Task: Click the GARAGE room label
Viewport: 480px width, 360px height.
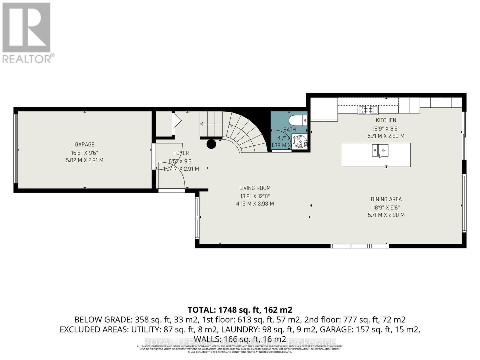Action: pyautogui.click(x=85, y=144)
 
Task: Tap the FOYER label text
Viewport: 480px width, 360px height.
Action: pyautogui.click(x=181, y=153)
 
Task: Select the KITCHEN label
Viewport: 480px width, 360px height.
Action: pyautogui.click(x=386, y=120)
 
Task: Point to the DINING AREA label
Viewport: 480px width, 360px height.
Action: pyautogui.click(x=386, y=199)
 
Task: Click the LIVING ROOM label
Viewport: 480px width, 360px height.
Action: pyautogui.click(x=255, y=188)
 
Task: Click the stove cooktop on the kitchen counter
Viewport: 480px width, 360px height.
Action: pyautogui.click(x=368, y=110)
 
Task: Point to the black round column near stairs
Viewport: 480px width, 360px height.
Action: pyautogui.click(x=211, y=144)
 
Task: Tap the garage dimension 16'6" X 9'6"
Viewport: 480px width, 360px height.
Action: pyautogui.click(x=85, y=152)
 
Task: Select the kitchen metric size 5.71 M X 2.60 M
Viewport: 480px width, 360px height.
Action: pyautogui.click(x=386, y=136)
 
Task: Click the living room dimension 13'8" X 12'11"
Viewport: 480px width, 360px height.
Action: pyautogui.click(x=255, y=196)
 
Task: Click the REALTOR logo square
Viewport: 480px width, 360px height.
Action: pyautogui.click(x=26, y=27)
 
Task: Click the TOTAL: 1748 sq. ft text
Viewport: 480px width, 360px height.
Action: pyautogui.click(x=240, y=310)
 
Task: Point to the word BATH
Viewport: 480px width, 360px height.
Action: pyautogui.click(x=289, y=130)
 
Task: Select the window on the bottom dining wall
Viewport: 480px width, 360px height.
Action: pyautogui.click(x=360, y=246)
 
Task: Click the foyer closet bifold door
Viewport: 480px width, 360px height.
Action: pyautogui.click(x=177, y=120)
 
